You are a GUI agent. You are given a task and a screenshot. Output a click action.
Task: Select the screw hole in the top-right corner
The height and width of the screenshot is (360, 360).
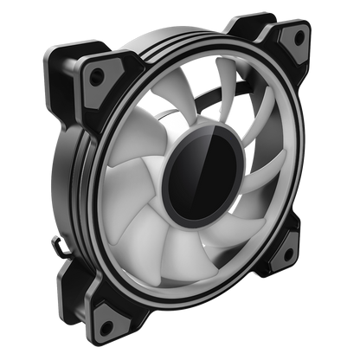[299, 36]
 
